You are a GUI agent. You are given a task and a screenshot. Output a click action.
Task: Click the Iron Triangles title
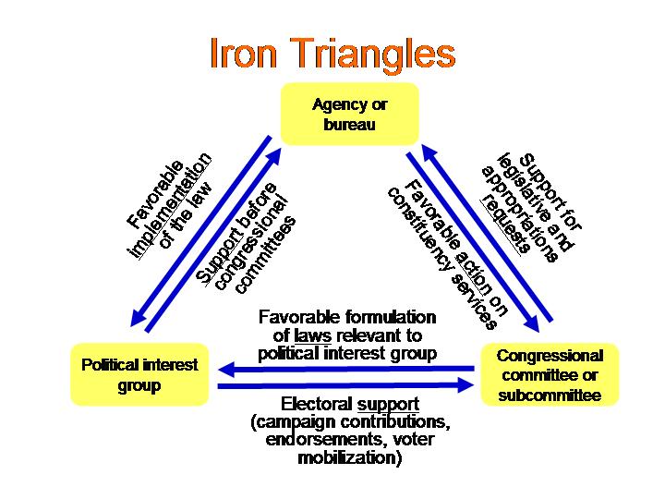click(x=332, y=54)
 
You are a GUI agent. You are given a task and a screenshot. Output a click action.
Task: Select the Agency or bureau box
click(x=349, y=114)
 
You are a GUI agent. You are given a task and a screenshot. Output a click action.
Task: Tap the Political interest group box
click(x=139, y=373)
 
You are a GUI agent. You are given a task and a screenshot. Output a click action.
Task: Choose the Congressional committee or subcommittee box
click(x=550, y=373)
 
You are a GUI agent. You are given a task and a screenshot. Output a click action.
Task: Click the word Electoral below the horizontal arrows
click(x=315, y=406)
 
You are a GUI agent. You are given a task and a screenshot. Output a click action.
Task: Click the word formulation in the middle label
click(x=389, y=319)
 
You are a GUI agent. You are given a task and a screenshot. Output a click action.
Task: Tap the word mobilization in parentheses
click(x=349, y=457)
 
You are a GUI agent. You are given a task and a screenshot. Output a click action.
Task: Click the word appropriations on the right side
click(x=522, y=209)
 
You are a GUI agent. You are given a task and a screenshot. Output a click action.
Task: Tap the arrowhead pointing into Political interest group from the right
click(x=226, y=371)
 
